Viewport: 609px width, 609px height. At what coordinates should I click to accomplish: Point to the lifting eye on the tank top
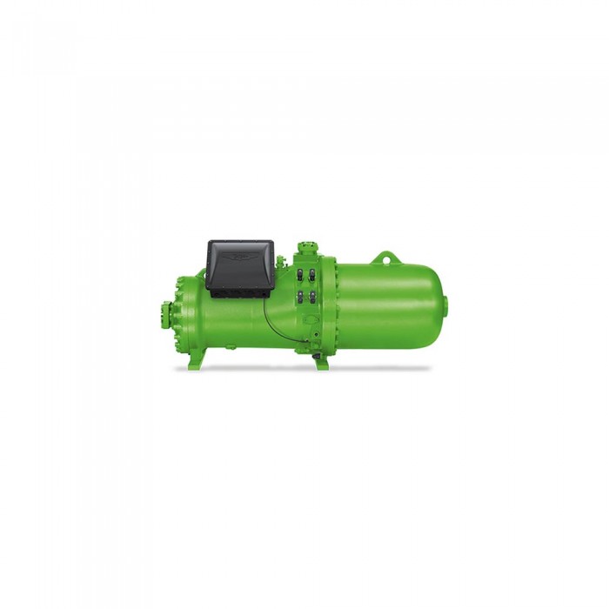click(x=385, y=258)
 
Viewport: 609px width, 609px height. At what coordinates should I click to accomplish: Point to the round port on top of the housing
click(x=304, y=248)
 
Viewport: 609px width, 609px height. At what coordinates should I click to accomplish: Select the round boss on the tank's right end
click(x=446, y=304)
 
